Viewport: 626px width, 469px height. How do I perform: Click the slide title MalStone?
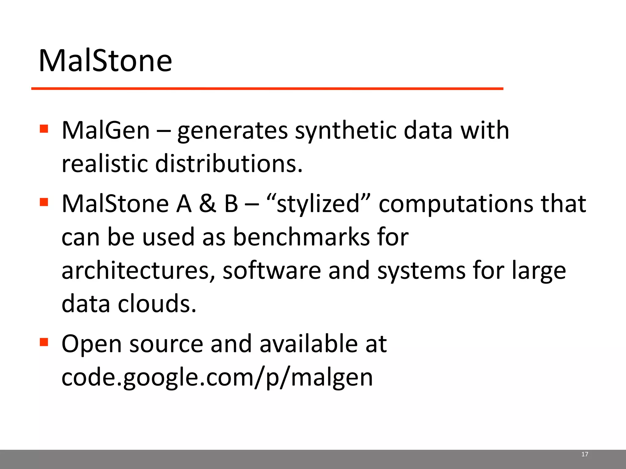click(105, 61)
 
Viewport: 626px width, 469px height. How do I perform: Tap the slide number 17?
click(585, 454)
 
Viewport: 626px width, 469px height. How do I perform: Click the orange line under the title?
click(267, 89)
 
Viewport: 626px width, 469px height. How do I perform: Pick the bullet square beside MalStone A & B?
click(44, 202)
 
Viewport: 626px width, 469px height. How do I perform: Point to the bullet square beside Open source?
click(44, 342)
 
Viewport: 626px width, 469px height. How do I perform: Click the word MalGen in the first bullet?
click(106, 131)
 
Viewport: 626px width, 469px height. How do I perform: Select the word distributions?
click(229, 164)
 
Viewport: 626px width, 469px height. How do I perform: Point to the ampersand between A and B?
click(208, 204)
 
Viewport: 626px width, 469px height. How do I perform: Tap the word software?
click(272, 271)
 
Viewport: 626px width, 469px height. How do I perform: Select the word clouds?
click(157, 304)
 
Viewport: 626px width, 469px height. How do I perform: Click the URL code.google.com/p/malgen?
click(217, 378)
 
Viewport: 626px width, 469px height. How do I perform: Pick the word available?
click(308, 344)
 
